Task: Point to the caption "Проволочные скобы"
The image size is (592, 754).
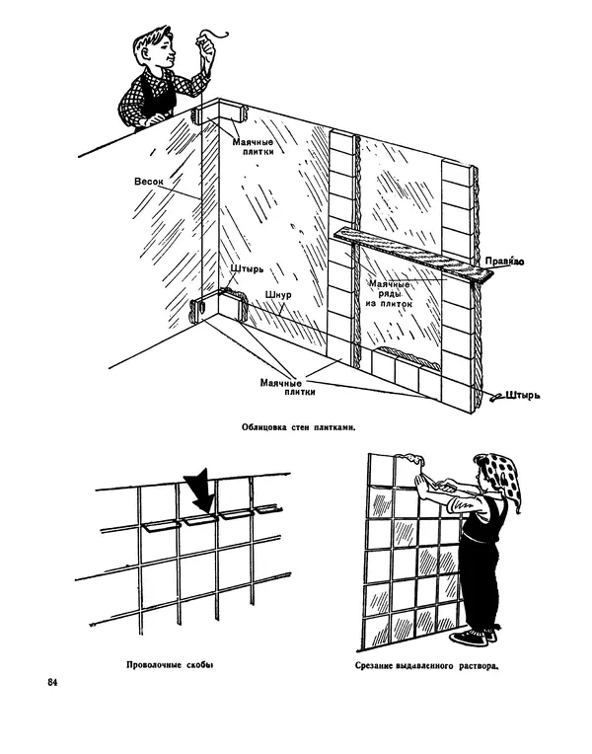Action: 171,664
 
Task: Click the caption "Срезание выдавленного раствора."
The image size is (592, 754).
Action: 428,665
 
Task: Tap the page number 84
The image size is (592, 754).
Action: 52,682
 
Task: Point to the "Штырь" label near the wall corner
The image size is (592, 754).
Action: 247,269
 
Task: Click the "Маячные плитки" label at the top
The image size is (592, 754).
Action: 254,147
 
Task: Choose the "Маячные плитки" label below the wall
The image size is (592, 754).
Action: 287,386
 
